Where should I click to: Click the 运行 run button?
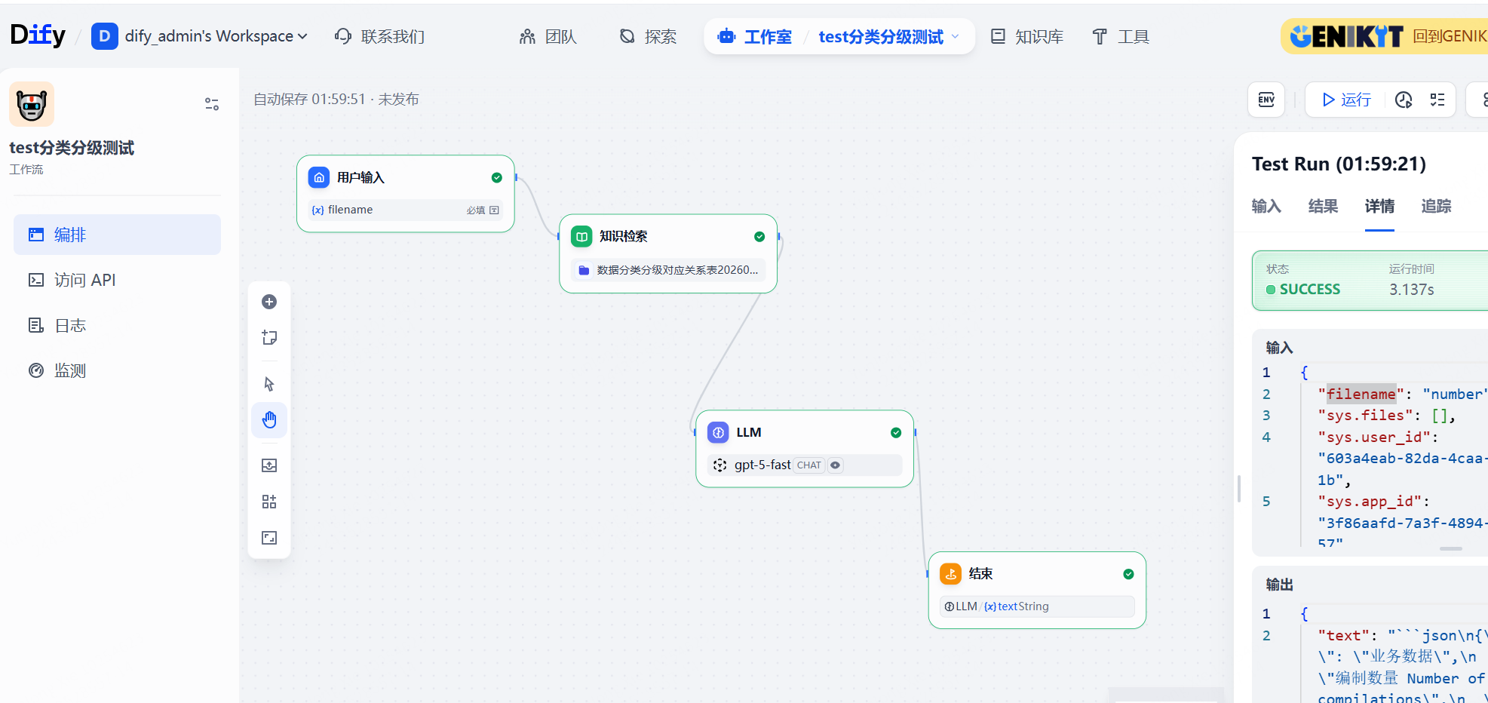click(1346, 100)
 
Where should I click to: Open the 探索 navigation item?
click(648, 36)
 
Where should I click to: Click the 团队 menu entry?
click(548, 36)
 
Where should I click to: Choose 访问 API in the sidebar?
click(84, 280)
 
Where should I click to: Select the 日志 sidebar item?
click(70, 325)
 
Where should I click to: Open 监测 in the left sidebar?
click(70, 370)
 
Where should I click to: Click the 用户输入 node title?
click(360, 177)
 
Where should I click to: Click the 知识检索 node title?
click(623, 236)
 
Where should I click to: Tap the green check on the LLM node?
click(896, 432)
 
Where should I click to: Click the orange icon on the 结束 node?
click(950, 574)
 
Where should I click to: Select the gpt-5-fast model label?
click(762, 465)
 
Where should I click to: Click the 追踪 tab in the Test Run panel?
click(1436, 206)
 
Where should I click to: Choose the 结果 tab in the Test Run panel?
click(1323, 206)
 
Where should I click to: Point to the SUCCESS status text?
click(1310, 289)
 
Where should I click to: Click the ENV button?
click(1266, 100)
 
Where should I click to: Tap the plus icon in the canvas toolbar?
click(269, 302)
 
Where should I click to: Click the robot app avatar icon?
click(32, 104)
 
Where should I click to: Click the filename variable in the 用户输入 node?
click(350, 210)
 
